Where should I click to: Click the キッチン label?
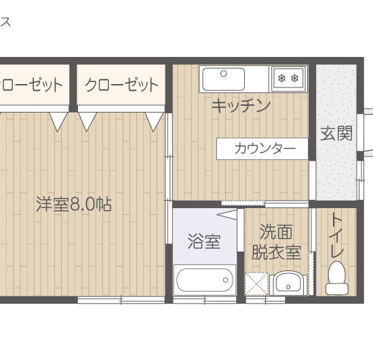pyautogui.click(x=241, y=106)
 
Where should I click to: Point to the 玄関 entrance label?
pyautogui.click(x=336, y=133)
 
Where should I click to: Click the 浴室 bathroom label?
pyautogui.click(x=203, y=241)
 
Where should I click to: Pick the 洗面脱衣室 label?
pyautogui.click(x=277, y=241)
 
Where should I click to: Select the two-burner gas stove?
pyautogui.click(x=288, y=79)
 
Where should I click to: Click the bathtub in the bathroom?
pyautogui.click(x=205, y=279)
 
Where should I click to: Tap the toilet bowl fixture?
pyautogui.click(x=336, y=278)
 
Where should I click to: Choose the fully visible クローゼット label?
pyautogui.click(x=121, y=85)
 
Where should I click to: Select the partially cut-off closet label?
pyautogui.click(x=31, y=85)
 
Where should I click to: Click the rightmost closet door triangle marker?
pyautogui.click(x=156, y=121)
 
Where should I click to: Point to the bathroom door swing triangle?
pyautogui.click(x=229, y=214)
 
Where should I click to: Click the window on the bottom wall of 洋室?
pyautogui.click(x=122, y=299)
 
